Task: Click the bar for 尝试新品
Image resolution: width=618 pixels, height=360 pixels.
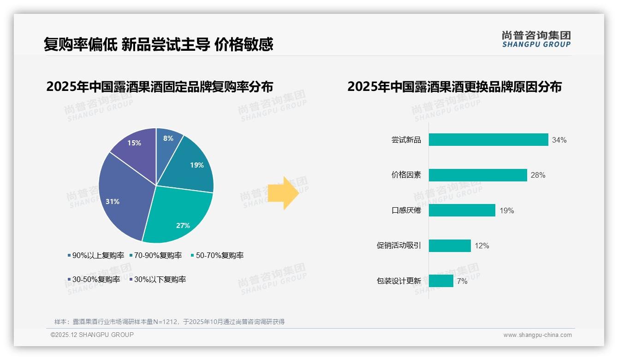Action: coord(488,140)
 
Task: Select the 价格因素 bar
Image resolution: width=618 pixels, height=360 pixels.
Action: coord(478,175)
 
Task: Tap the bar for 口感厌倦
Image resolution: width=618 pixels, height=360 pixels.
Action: coord(462,210)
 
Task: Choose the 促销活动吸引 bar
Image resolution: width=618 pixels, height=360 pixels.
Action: coord(450,246)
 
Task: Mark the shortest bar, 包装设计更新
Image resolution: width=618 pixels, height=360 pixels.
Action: coord(441,281)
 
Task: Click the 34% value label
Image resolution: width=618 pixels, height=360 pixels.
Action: coord(559,140)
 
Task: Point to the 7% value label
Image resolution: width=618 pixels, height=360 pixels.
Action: coord(462,281)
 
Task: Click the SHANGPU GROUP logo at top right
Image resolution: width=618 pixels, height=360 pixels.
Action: coord(536,39)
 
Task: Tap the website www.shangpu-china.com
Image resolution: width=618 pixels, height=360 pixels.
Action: coord(537,335)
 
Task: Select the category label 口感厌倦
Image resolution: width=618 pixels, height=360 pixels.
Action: coord(406,211)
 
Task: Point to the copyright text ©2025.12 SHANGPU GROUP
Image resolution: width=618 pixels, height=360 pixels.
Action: coord(92,335)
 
